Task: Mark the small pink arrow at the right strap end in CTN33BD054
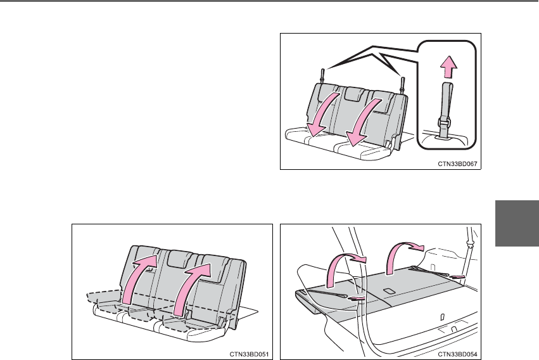(x=457, y=276)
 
